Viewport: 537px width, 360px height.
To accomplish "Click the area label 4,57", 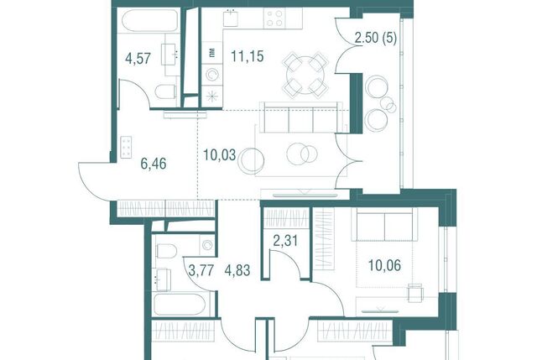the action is (138, 58).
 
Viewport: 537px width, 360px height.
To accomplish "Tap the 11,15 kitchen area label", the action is (248, 56).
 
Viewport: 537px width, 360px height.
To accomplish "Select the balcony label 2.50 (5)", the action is (376, 38).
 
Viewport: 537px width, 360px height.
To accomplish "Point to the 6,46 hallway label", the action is (154, 164).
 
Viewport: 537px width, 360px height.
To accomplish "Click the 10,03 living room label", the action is (220, 154).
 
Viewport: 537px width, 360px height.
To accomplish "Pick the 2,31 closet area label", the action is (285, 241).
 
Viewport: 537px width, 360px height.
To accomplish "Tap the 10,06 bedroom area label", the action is (384, 265).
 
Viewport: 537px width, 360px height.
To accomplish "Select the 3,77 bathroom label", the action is (201, 270).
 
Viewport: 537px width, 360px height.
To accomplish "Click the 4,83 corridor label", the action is (237, 270).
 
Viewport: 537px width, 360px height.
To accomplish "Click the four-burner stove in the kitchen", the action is (274, 18).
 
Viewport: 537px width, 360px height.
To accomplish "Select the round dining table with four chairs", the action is (305, 75).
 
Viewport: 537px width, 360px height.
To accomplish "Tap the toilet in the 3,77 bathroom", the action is (166, 251).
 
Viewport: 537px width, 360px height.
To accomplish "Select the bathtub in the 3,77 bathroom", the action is (180, 305).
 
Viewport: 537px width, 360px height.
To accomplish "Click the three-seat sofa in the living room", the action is (300, 117).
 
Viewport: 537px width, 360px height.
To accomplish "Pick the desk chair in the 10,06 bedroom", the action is (415, 293).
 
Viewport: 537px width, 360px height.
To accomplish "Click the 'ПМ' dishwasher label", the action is (212, 53).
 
